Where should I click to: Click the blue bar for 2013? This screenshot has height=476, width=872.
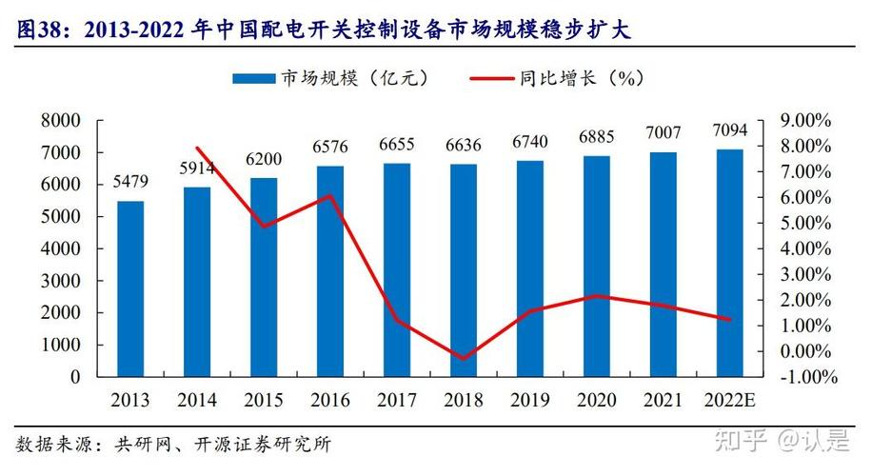130,288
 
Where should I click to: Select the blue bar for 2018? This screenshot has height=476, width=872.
464,270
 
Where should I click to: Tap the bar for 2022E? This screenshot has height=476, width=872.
730,263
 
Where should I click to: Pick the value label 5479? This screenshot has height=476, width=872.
130,181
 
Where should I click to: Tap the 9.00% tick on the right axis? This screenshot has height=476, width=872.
806,121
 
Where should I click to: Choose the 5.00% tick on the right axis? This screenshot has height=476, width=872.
806,224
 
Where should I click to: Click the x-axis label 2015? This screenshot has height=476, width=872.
264,400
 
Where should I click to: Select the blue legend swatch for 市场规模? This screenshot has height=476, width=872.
252,78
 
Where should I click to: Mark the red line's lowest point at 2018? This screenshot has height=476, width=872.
464,359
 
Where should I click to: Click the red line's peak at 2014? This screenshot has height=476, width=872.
197,148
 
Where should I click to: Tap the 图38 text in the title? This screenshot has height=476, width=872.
38,30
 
